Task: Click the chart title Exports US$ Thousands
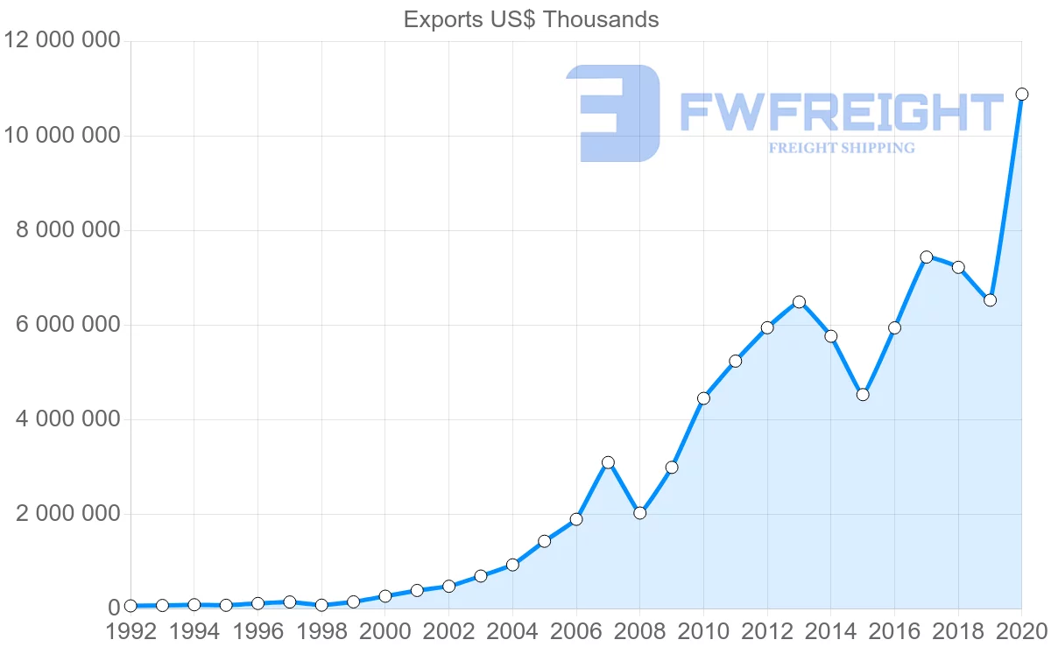pos(531,19)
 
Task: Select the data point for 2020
pos(1021,94)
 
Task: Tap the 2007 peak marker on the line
pos(608,462)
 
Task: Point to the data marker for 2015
pos(863,394)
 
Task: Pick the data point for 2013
pos(799,302)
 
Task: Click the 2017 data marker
pos(926,257)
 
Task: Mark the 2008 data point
pos(639,513)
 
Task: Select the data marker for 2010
pos(703,398)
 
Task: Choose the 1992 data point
pos(130,606)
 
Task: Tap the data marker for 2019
pos(990,300)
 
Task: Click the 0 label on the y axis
pos(113,608)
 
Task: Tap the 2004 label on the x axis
pos(512,632)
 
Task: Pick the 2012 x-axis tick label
pos(767,632)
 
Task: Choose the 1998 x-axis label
pos(321,632)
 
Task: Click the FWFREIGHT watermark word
pos(841,113)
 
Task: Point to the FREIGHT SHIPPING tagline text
pos(841,148)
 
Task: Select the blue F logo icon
pos(612,113)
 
